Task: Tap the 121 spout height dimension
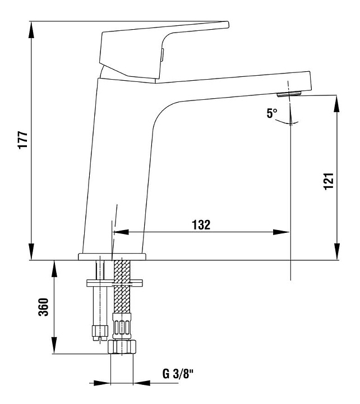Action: pos(329,181)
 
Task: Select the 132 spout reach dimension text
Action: pos(201,224)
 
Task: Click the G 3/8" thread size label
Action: pos(178,373)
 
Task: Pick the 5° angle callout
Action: pos(272,113)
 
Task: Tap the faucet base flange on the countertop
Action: pos(112,256)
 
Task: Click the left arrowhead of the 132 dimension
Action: pos(118,231)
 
